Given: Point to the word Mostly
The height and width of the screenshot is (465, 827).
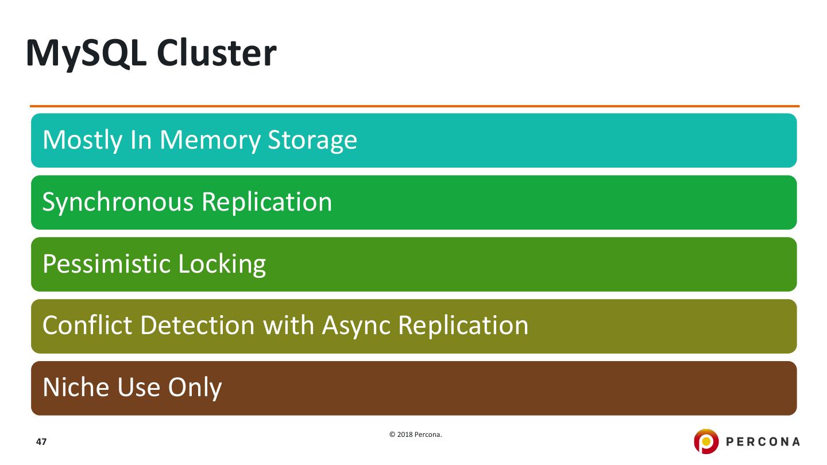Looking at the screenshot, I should pyautogui.click(x=79, y=140).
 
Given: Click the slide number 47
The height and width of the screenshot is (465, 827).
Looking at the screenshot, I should pyautogui.click(x=41, y=442).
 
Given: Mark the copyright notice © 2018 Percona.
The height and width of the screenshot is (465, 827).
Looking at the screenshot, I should pyautogui.click(x=416, y=435).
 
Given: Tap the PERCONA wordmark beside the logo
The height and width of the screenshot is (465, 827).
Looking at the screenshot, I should pyautogui.click(x=762, y=442).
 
